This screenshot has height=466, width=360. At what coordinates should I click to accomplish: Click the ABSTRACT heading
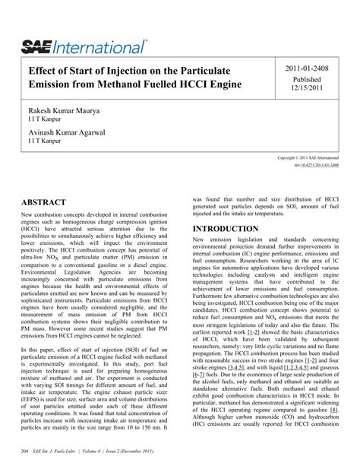point(45,203)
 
